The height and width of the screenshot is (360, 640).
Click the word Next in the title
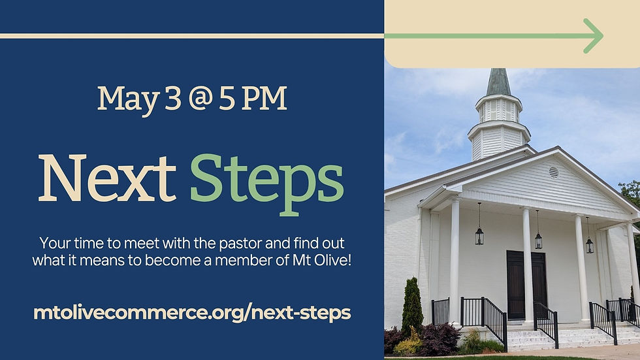(106, 178)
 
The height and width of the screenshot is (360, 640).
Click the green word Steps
(266, 180)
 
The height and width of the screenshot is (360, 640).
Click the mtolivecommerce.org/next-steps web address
(192, 312)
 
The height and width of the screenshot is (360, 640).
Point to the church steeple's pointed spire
(498, 82)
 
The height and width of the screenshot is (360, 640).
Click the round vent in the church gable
(554, 172)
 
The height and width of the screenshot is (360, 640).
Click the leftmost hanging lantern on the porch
(479, 235)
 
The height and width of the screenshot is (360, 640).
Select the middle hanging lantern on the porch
(538, 239)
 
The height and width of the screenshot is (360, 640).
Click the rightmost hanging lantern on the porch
(589, 244)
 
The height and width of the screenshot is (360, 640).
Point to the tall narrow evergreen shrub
(412, 305)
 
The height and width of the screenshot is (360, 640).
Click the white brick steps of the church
(549, 338)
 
